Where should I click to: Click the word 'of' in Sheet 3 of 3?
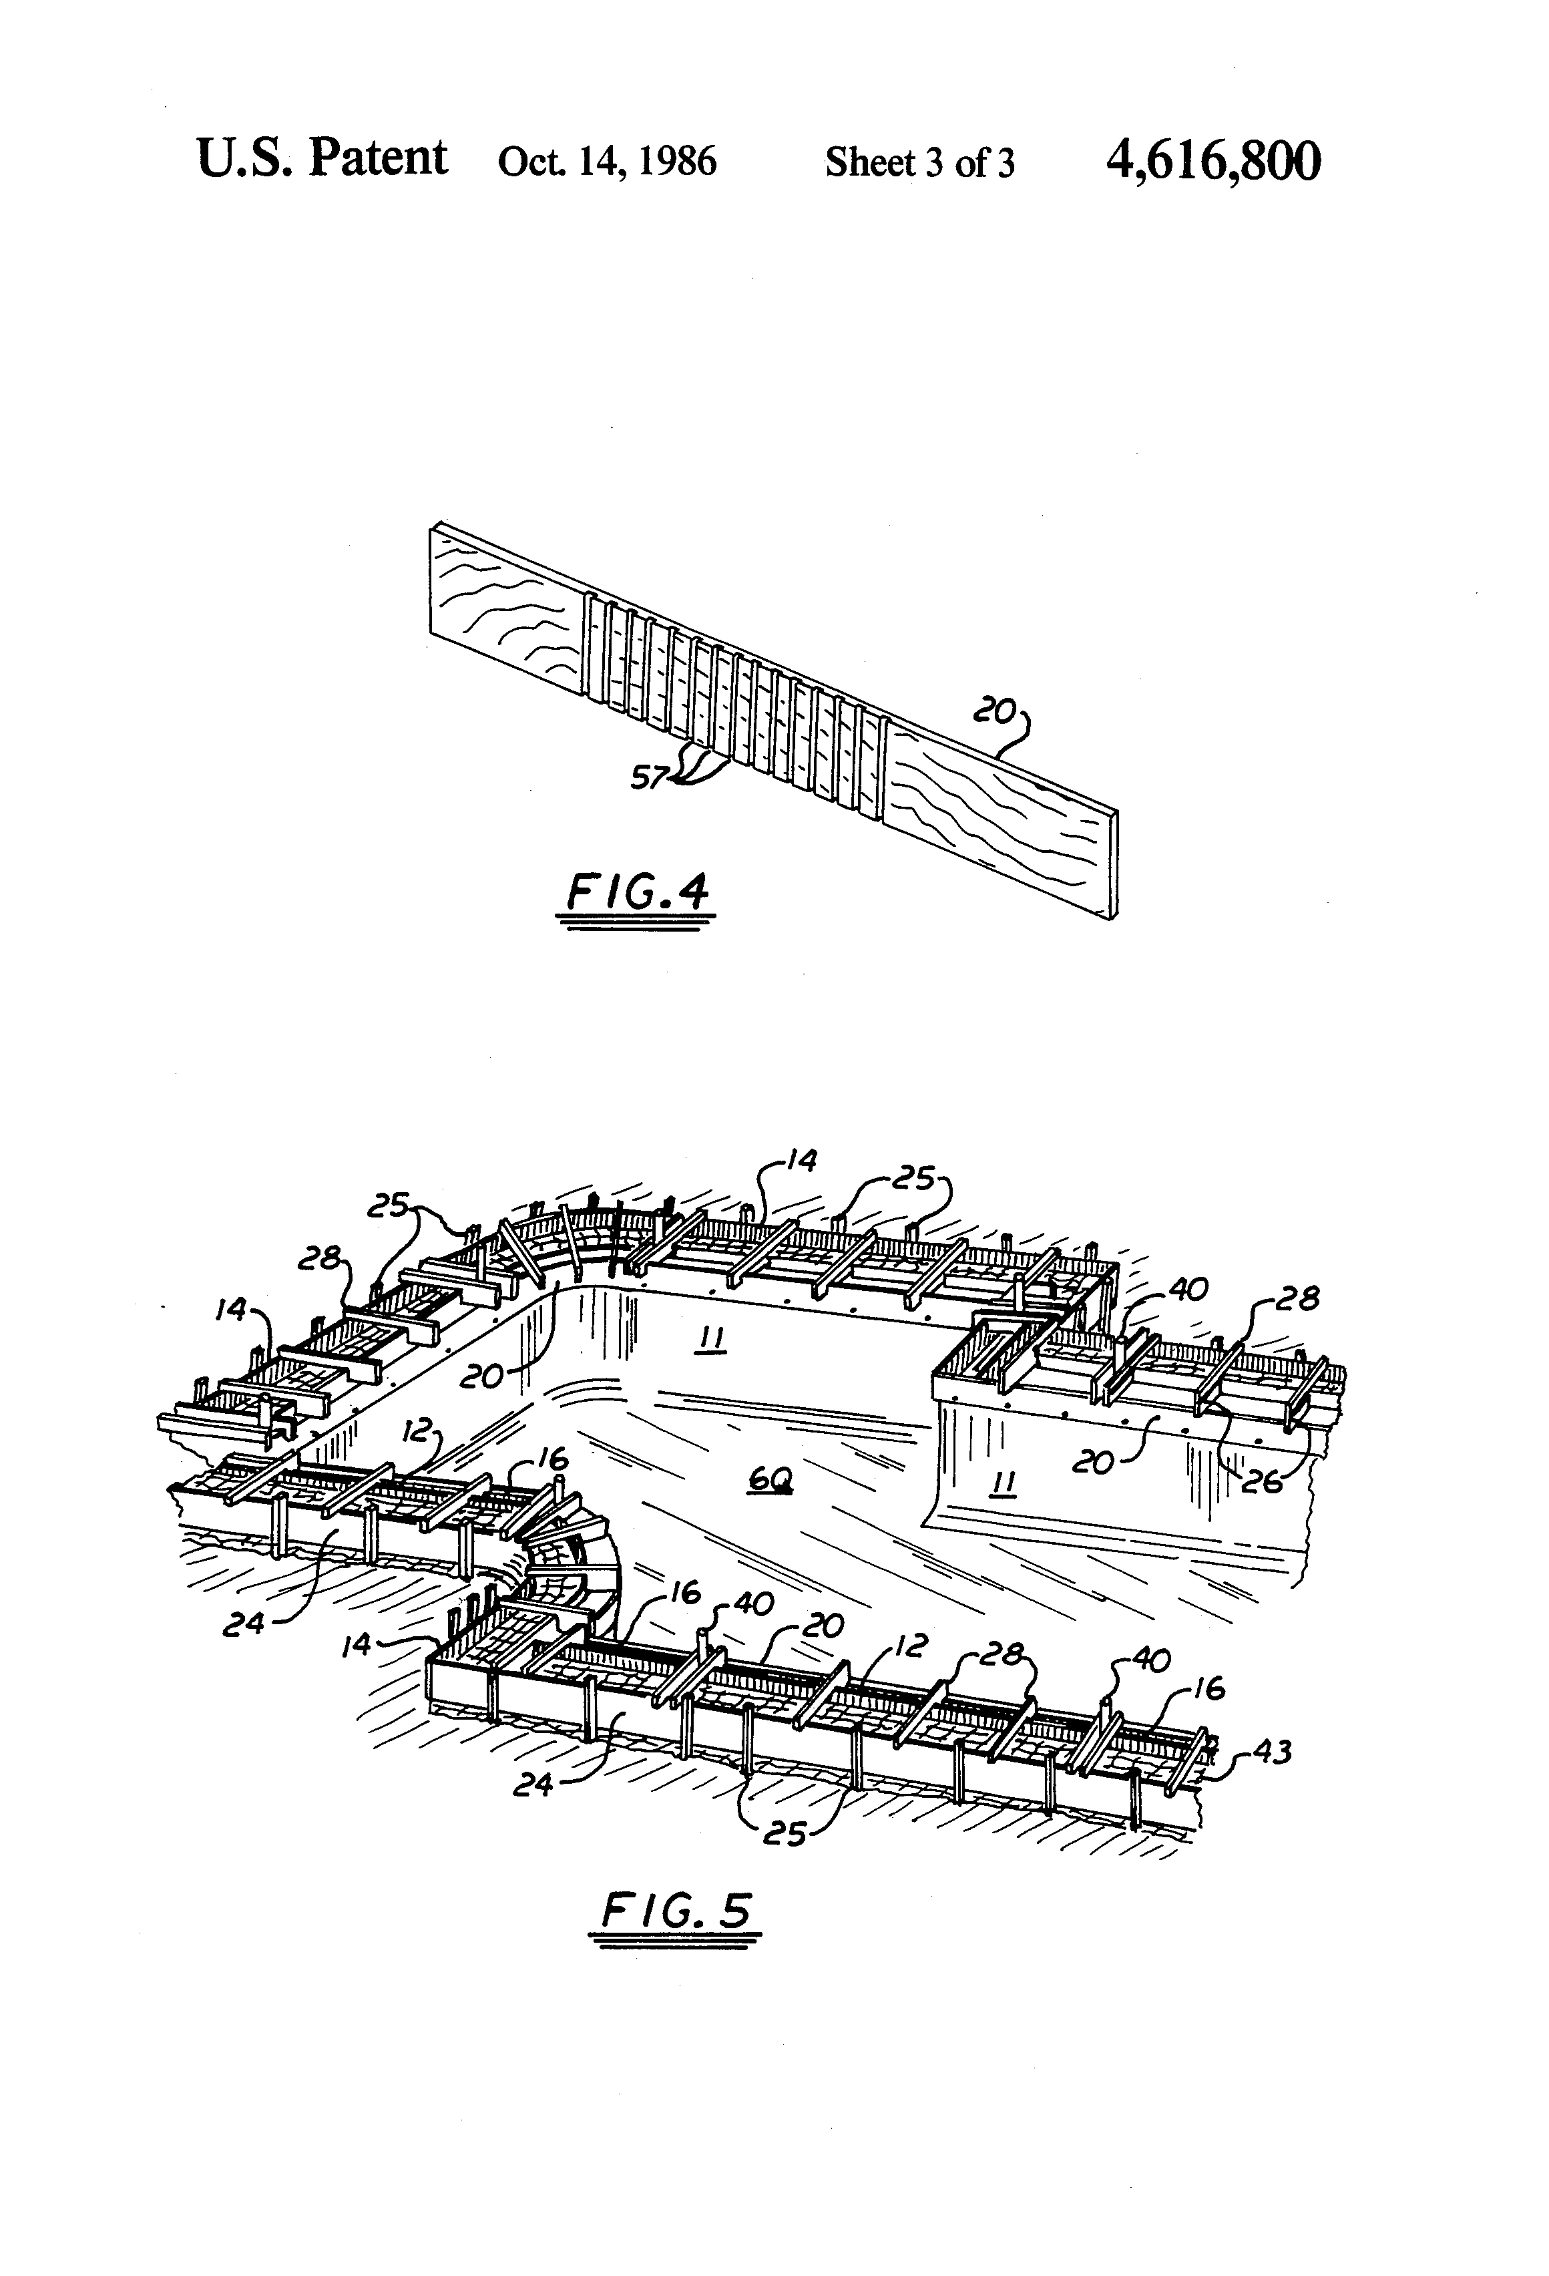pos(970,162)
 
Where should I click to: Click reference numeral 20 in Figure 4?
pos(993,712)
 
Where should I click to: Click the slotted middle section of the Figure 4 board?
pos(734,713)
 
